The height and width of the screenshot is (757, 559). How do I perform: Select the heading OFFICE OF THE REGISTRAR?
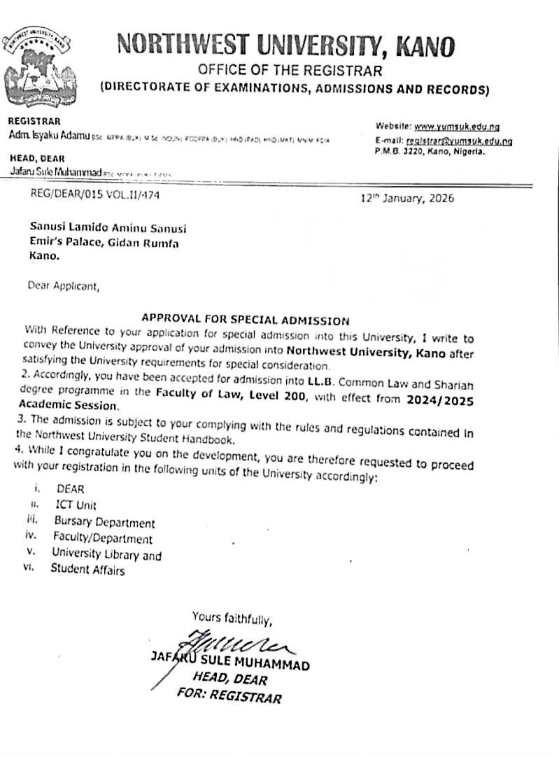[x=290, y=70]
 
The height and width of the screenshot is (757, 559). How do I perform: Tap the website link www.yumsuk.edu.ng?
[x=456, y=127]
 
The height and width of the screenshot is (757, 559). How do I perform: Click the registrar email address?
[x=459, y=141]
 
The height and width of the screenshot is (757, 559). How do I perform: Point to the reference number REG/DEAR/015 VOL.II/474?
[x=95, y=196]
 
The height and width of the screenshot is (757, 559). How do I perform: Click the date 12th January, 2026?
[x=407, y=198]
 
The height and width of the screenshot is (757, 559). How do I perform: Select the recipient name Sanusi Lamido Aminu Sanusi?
[x=108, y=228]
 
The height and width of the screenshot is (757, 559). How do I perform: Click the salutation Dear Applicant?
[x=64, y=285]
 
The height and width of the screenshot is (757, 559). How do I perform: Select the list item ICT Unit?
[x=76, y=504]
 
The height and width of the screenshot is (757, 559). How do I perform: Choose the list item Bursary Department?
[x=104, y=522]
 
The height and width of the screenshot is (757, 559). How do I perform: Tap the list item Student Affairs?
[x=87, y=570]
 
